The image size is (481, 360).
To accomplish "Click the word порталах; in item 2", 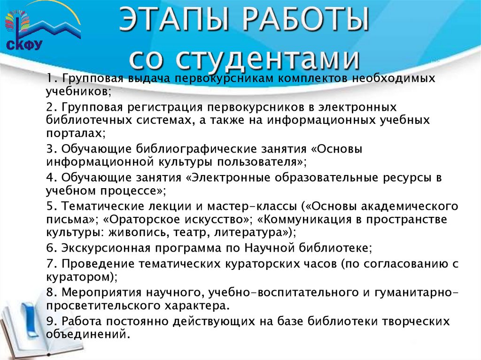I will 76,133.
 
